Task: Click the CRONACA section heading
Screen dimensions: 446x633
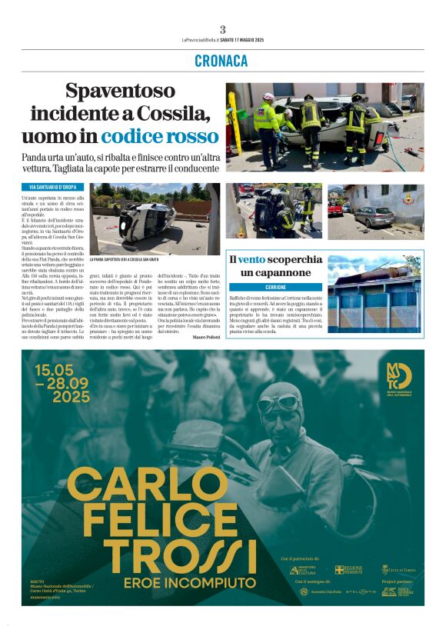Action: (221, 61)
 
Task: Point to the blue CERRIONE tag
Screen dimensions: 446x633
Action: (275, 286)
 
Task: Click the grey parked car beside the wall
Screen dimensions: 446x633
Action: (374, 217)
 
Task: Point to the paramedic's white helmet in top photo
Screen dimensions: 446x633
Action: (268, 98)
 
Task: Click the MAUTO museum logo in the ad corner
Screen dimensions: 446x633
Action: (400, 378)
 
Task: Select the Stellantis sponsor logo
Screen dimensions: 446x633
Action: (360, 591)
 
